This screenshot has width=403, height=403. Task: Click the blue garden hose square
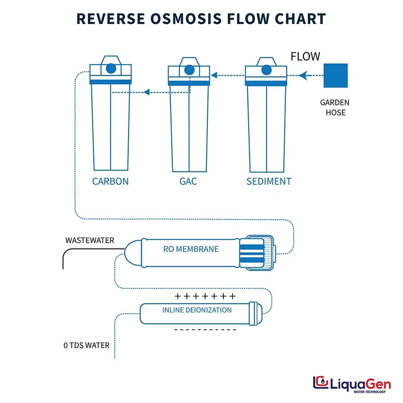coord(335,76)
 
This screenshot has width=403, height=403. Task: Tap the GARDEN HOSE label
coord(335,107)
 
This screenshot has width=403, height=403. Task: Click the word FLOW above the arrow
coord(305,56)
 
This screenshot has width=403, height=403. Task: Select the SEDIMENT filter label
coord(269,181)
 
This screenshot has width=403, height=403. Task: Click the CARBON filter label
coord(110,181)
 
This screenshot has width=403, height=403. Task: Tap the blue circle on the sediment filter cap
coord(266,69)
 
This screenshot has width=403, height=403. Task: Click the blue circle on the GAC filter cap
coord(189,69)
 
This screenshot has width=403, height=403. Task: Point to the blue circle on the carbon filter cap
coord(111,68)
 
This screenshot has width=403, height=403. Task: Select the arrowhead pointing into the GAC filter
coord(214,76)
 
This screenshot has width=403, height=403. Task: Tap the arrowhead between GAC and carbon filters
coord(147,92)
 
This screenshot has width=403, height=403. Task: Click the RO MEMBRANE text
coord(191,249)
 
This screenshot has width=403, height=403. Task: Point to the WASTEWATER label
coord(89,241)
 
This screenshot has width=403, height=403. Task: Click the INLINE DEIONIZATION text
coord(197,310)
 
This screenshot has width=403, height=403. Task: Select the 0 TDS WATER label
coord(86,345)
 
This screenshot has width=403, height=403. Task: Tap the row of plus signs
coord(205,296)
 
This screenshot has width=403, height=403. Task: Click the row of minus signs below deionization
coord(205,330)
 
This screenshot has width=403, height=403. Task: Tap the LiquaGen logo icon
coord(321,383)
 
